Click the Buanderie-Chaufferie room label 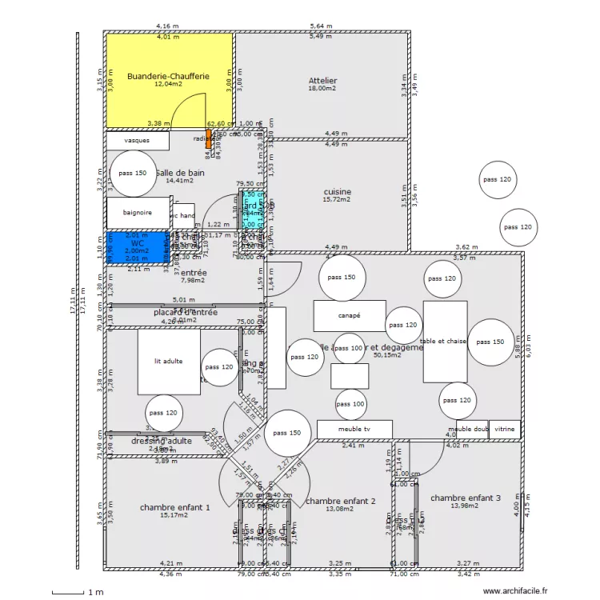168,77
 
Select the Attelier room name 322,81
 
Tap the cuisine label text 337,192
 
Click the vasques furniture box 137,141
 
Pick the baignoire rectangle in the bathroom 138,213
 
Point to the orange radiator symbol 209,139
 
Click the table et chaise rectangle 445,342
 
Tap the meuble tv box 354,430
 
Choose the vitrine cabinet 505,430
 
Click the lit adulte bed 169,362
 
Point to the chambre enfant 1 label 174,507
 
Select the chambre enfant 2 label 340,502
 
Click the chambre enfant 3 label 465,498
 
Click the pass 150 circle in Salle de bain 133,174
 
